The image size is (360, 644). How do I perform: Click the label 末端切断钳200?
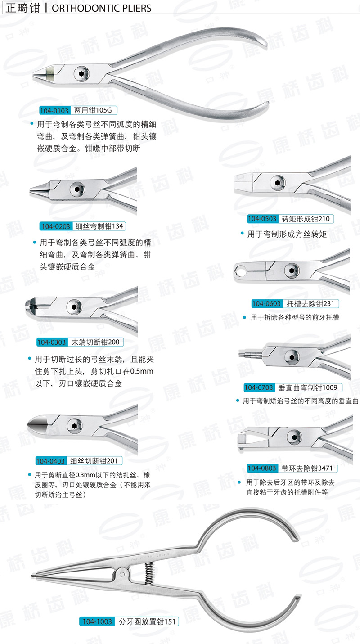95,342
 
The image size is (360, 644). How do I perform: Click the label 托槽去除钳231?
310,304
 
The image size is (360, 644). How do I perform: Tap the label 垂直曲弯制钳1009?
310,387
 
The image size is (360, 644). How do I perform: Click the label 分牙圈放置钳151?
146,622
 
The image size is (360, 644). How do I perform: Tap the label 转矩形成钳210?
306,219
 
